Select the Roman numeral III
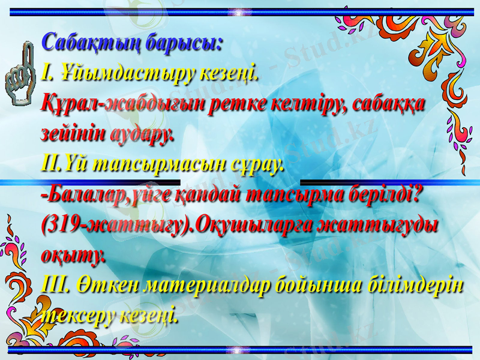pos(58,286)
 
